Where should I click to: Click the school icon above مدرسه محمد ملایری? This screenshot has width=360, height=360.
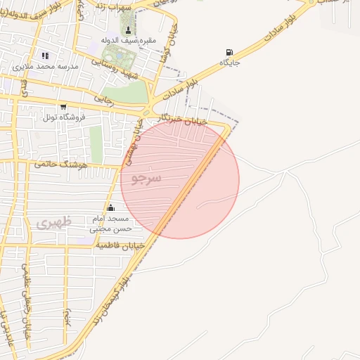pos(46,56)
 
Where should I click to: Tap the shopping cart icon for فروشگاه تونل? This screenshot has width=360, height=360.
pos(63,107)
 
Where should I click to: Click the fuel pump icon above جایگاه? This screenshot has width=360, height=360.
pos(229,52)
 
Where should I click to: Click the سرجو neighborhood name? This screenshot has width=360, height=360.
pos(146,179)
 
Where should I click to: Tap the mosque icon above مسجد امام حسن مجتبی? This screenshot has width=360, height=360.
pos(110,207)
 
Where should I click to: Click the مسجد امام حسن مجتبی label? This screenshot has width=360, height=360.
pos(110,224)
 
